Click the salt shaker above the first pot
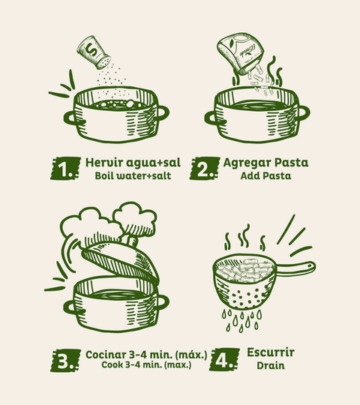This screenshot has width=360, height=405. coord(94,52)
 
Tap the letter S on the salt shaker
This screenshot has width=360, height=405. coord(91,49)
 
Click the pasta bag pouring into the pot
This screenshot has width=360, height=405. coord(241,53)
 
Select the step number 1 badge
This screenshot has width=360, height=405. coord(65,169)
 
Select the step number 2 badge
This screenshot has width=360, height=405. coord(205,169)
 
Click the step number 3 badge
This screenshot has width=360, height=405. coord(65,361)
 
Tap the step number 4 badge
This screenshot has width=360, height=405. coord(224,360)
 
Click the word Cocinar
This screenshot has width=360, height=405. coord(106,354)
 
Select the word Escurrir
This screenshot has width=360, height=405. coord(271,352)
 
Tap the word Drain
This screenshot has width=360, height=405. coord(271,365)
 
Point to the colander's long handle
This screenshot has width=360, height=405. coord(296,267)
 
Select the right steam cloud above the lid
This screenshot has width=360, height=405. coord(135,218)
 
